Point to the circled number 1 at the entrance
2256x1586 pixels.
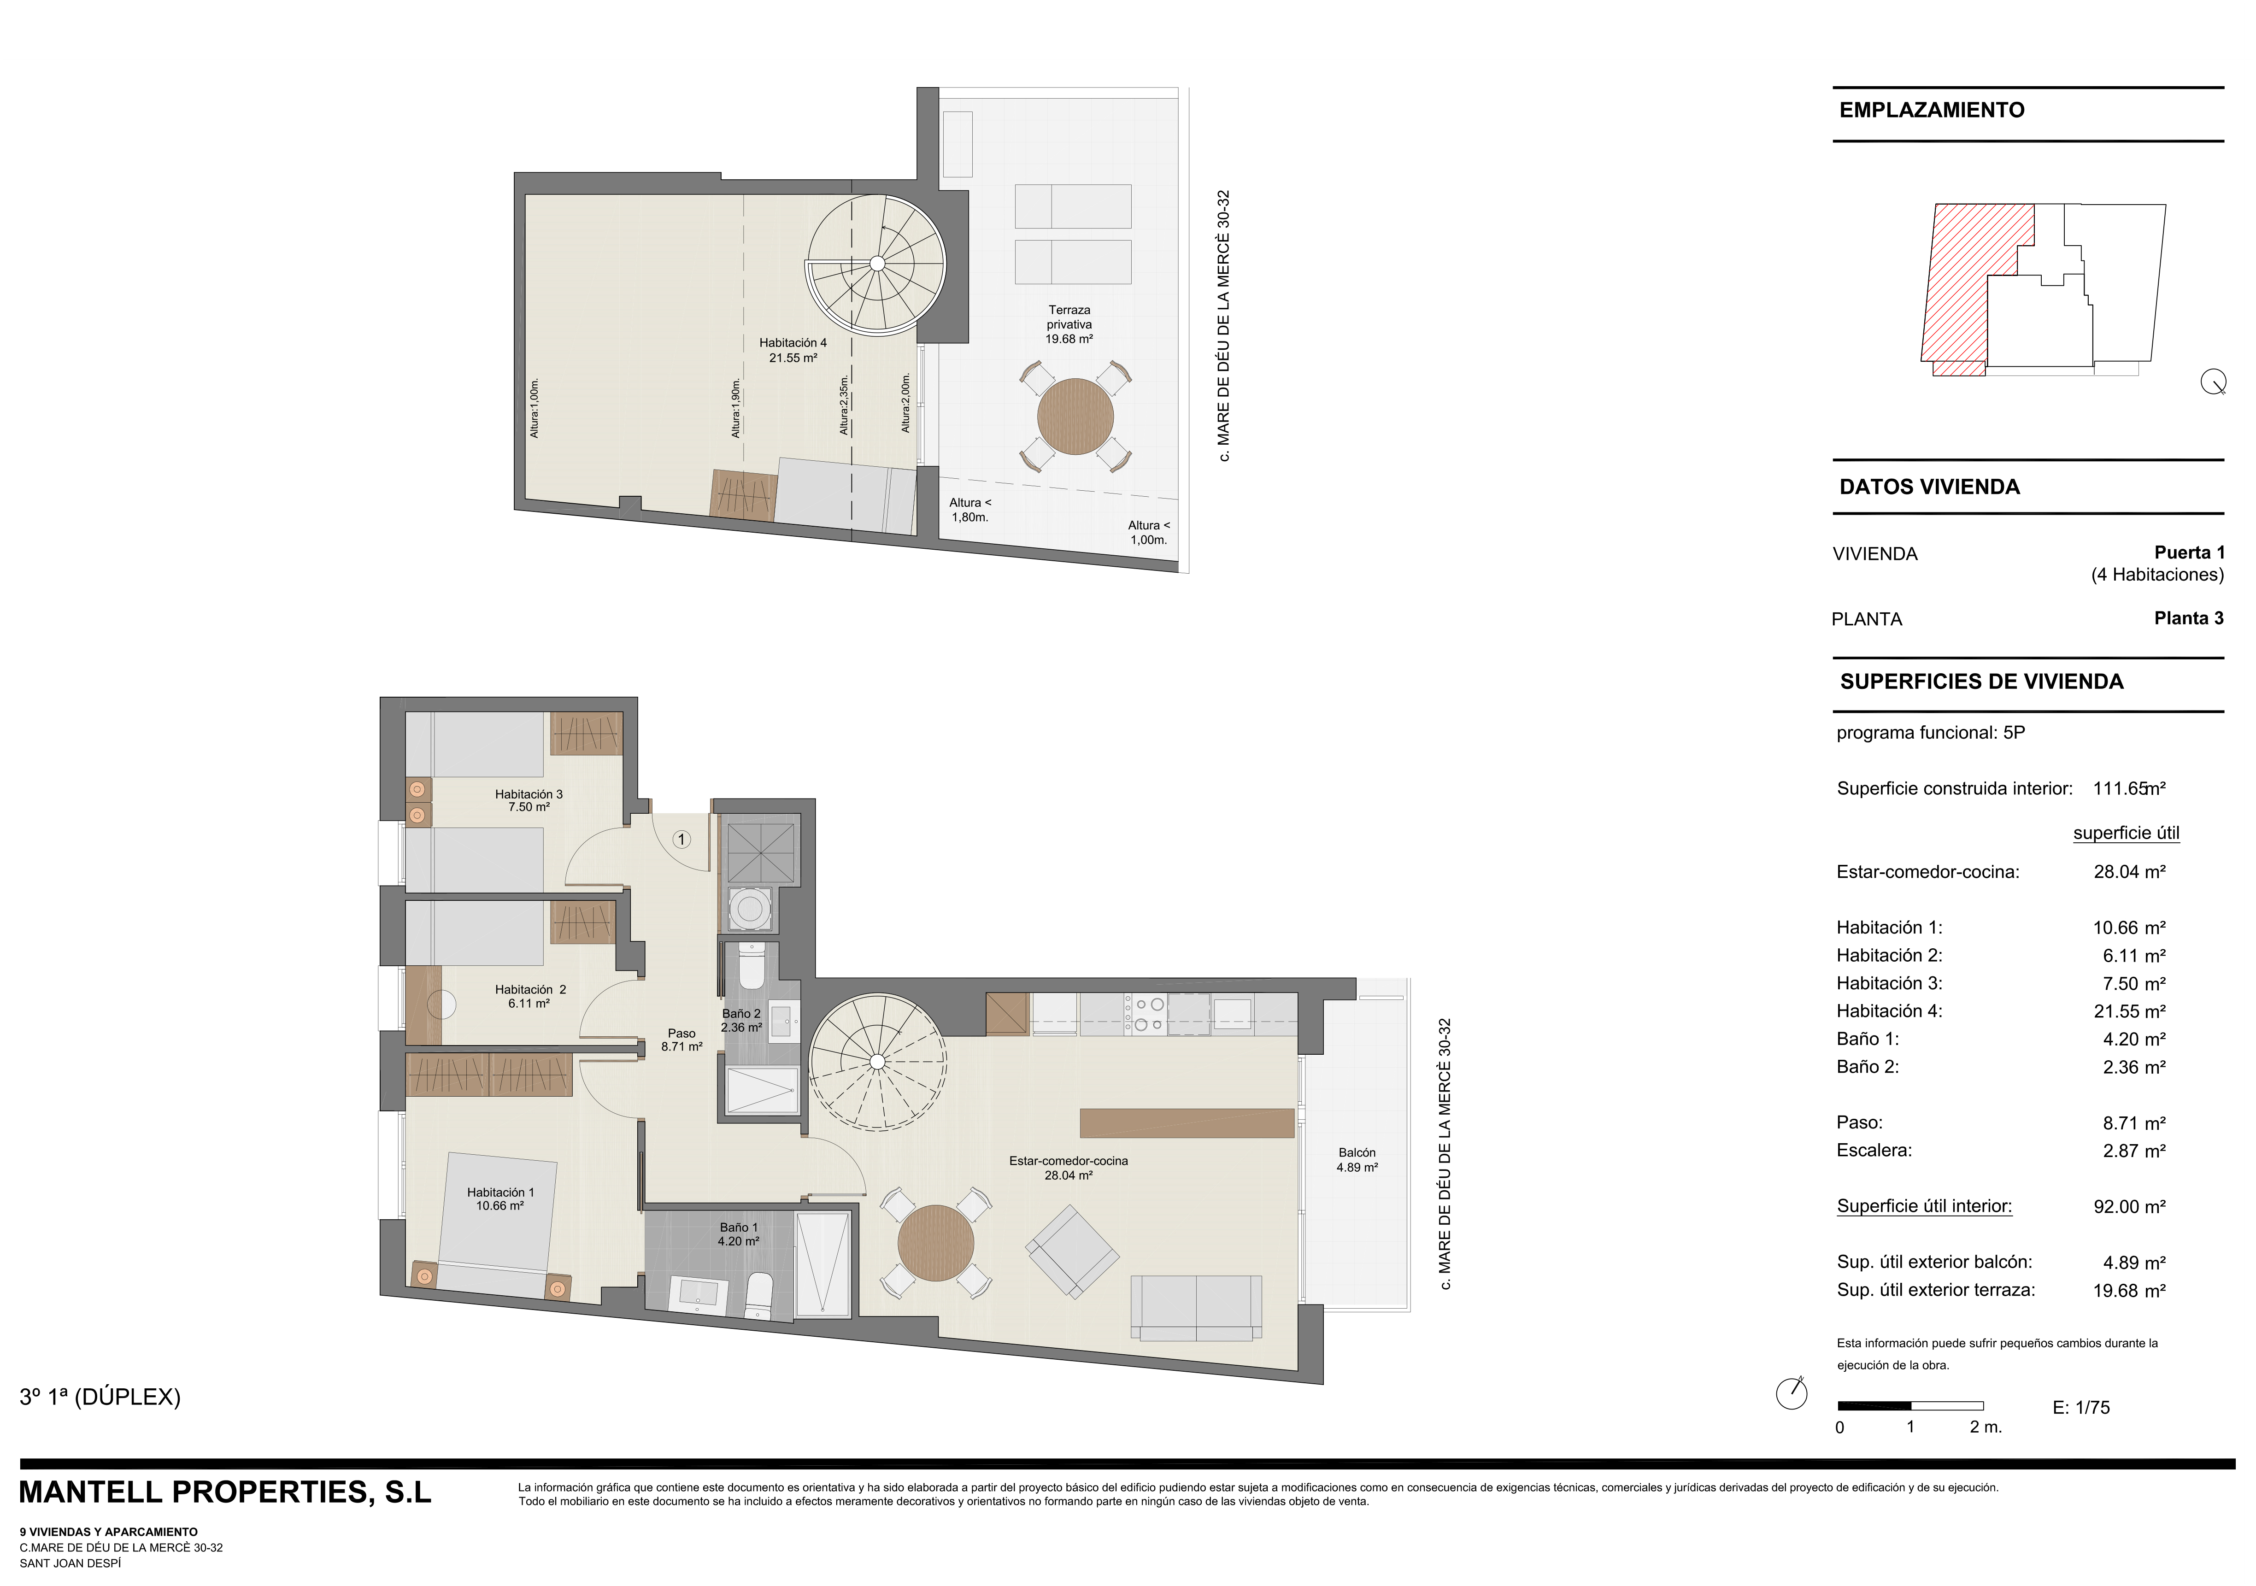click(x=682, y=839)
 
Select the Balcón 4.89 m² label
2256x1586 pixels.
click(x=1357, y=1159)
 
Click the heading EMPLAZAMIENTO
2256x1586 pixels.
click(x=1932, y=110)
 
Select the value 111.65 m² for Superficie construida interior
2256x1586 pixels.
click(x=2129, y=788)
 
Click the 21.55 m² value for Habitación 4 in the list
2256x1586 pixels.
click(x=2129, y=1011)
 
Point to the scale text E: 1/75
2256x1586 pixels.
click(x=2081, y=1407)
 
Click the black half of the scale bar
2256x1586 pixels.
click(x=1874, y=1405)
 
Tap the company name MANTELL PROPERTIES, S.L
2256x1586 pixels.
click(x=225, y=1492)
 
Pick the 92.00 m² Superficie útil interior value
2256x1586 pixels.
click(x=2129, y=1207)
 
